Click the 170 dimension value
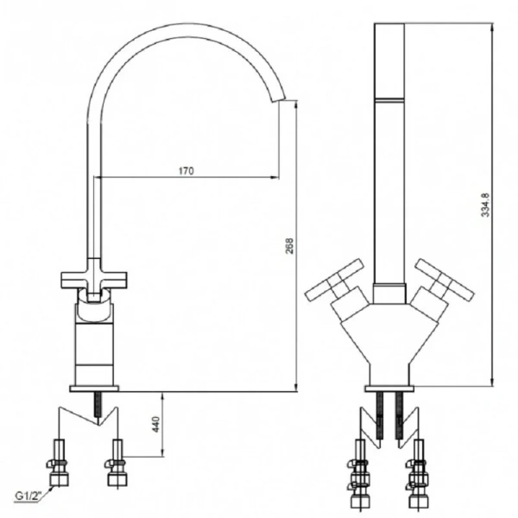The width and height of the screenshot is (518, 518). coord(186,171)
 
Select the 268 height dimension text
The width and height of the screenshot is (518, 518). coord(289,245)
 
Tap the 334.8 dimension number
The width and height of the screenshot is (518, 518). coord(485,205)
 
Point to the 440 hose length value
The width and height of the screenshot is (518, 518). coord(155,424)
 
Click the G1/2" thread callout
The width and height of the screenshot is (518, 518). coord(28,496)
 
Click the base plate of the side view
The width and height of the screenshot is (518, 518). coord(94,388)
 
